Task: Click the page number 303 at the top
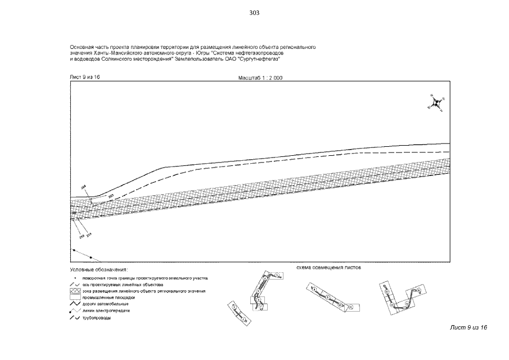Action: tap(254, 13)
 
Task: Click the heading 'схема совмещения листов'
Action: tap(328, 268)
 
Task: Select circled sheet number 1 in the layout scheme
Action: tap(233, 307)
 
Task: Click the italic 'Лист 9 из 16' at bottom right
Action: tap(468, 327)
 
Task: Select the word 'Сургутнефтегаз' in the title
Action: tap(262, 58)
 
